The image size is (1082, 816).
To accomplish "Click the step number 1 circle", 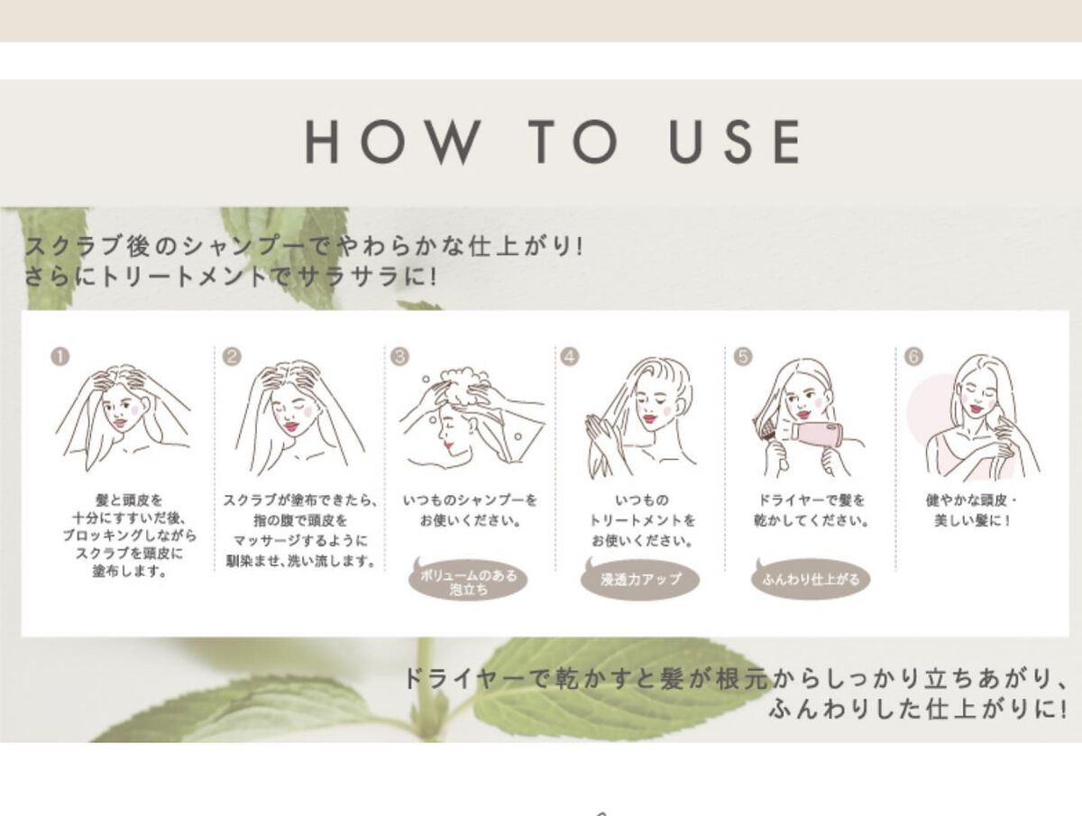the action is coord(60,357).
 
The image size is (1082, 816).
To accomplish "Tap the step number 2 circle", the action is coord(232,357).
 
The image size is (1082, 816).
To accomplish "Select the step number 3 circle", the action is coord(399,357).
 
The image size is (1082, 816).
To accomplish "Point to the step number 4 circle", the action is coord(570,357).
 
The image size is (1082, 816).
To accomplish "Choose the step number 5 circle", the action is coord(743,357).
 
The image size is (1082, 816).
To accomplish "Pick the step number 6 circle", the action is coord(913,357).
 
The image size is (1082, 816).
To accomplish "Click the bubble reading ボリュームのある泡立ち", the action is coord(468,580).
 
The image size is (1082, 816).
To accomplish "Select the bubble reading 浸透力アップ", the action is coord(640,579).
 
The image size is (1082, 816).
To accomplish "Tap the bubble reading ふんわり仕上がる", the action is coord(811,579).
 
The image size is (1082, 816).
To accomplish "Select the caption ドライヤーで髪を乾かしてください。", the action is coord(811,510).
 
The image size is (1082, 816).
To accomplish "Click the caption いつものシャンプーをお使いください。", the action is coord(470,510).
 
